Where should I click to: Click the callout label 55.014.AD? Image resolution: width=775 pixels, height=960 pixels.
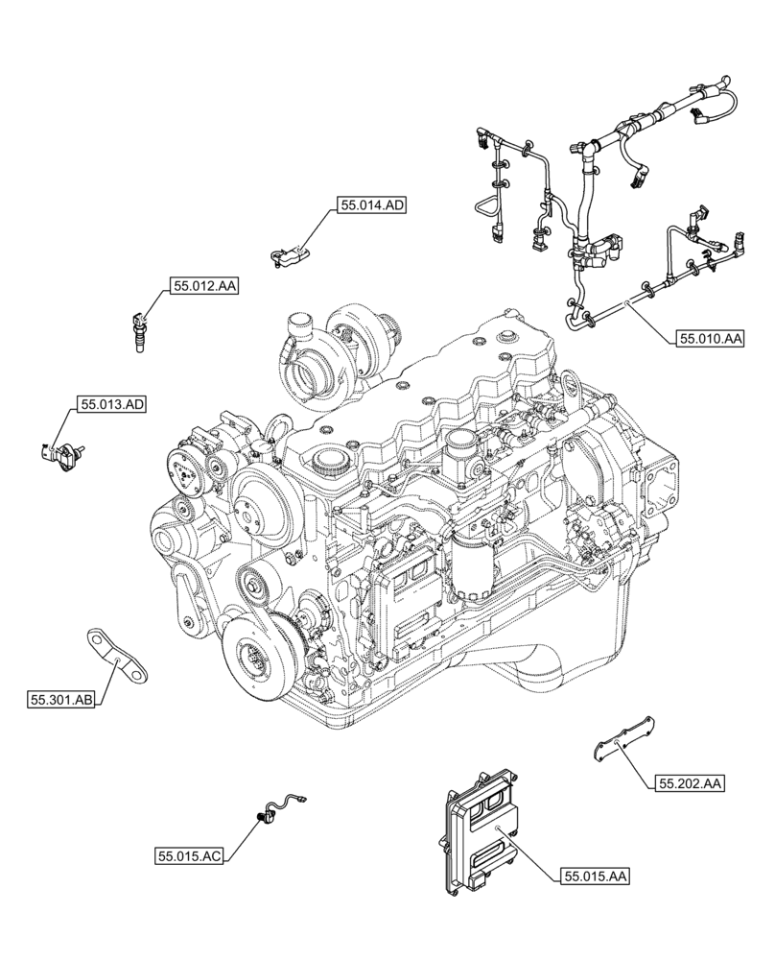tap(371, 204)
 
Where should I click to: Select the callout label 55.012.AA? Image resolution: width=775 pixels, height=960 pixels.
tap(205, 286)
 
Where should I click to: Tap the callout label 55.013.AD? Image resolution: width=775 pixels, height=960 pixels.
tap(112, 405)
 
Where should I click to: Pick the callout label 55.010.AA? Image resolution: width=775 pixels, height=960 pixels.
tap(711, 338)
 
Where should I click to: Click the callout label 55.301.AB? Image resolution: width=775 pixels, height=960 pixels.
tap(61, 702)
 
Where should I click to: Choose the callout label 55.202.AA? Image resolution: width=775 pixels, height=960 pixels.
tap(690, 784)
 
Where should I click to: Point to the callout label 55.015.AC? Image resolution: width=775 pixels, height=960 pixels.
tap(189, 854)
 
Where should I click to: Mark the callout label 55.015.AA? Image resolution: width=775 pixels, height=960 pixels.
tap(596, 876)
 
